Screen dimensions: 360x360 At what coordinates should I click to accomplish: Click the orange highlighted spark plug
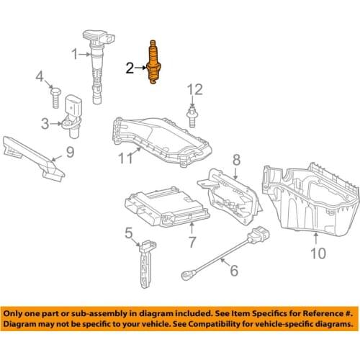(153, 63)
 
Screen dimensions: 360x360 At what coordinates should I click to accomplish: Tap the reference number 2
(130, 68)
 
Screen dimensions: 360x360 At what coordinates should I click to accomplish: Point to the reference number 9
(70, 152)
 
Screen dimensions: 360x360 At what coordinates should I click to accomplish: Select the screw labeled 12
(192, 114)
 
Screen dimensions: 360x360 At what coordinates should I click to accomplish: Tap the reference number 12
(192, 90)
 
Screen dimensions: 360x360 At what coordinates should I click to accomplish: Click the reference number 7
(192, 240)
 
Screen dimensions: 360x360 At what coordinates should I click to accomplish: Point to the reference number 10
(317, 253)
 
